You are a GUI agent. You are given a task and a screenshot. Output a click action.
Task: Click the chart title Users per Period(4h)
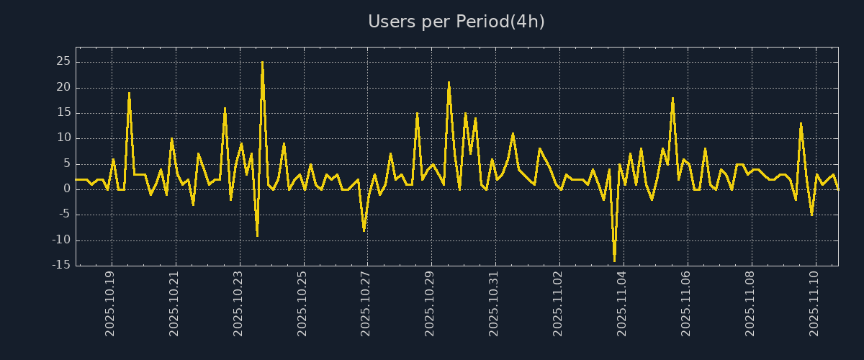tap(456, 22)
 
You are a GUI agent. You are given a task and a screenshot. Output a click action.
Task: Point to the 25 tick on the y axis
tap(63, 62)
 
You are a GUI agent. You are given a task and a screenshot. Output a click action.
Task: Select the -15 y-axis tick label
tap(60, 265)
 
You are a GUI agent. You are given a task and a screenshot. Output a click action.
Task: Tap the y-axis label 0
tap(66, 189)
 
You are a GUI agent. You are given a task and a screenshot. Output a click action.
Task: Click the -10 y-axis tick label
tap(60, 240)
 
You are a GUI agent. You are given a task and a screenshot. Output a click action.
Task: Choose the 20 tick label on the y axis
tap(63, 87)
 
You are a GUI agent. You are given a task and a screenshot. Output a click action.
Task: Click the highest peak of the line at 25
tap(262, 63)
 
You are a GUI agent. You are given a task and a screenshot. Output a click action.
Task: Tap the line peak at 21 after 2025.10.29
tap(449, 83)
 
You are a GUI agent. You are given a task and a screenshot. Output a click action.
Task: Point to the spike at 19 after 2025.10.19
tap(129, 93)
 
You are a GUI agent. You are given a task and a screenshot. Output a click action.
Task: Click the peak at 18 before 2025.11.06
tap(672, 98)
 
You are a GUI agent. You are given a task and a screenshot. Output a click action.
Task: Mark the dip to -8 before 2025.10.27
tap(364, 230)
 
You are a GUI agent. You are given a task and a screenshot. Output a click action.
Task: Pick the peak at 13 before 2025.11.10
tap(801, 123)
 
